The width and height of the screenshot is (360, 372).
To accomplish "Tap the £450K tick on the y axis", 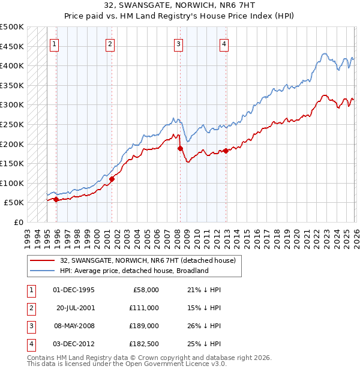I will click(12, 46).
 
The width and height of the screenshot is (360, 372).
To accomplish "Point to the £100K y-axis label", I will click(12, 183).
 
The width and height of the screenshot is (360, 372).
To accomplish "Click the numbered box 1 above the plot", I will click(55, 43).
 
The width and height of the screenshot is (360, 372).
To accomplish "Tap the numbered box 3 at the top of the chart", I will click(179, 43).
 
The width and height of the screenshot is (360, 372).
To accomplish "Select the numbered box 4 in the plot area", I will click(223, 43).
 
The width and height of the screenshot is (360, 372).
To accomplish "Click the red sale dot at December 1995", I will click(56, 199).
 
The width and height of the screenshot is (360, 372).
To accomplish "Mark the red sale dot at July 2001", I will click(112, 178).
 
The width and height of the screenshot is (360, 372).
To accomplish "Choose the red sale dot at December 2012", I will click(226, 151).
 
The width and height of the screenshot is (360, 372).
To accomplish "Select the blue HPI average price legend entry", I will click(133, 271).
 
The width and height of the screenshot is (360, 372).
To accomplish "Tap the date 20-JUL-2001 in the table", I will click(75, 308).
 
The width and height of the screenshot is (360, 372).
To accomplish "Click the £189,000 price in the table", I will click(143, 326).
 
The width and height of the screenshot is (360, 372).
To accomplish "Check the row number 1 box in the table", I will click(30, 290).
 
